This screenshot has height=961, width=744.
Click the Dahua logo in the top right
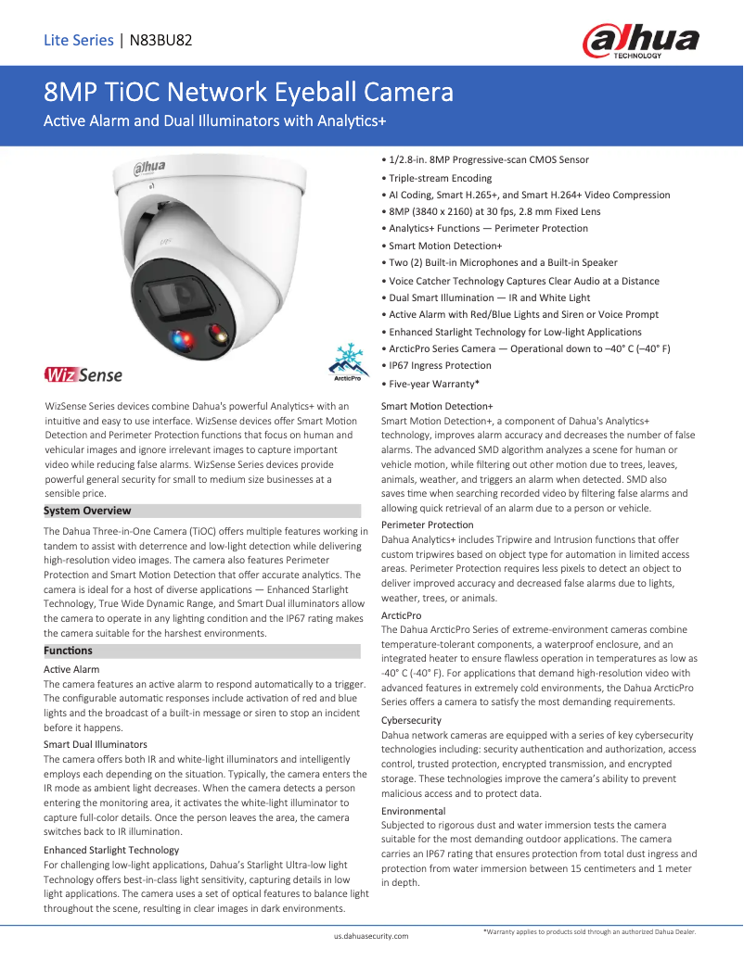640,42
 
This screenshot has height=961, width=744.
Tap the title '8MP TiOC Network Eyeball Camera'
249,93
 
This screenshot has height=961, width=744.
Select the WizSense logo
83,375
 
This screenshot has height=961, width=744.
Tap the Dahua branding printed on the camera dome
147,168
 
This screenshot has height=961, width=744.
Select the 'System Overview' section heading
88,511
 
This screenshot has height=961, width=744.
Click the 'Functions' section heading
69,651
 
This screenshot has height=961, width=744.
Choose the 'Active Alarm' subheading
71,669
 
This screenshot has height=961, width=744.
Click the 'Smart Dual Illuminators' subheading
95,744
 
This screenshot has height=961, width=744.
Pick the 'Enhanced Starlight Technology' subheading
111,850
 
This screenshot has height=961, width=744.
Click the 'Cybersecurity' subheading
411,720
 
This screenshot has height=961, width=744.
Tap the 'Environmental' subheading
413,811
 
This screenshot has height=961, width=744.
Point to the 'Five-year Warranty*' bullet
433,383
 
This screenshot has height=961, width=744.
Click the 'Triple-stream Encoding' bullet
440,178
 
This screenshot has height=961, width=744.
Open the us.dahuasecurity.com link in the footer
371,937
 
